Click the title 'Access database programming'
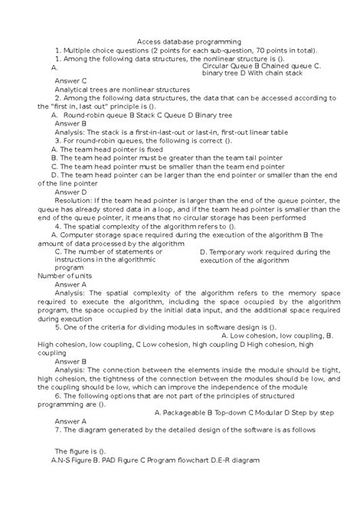click(x=188, y=41)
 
